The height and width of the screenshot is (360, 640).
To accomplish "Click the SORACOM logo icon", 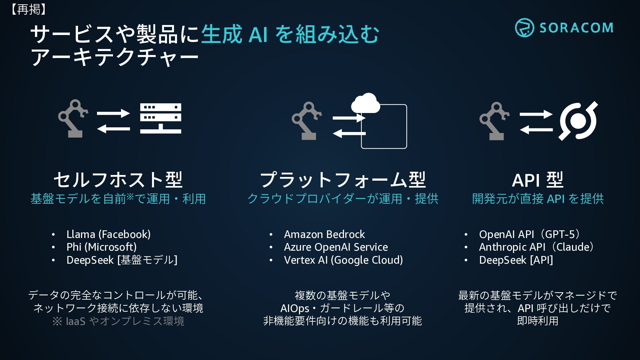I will pyautogui.click(x=524, y=28).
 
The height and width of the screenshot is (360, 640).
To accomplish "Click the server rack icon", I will pyautogui.click(x=161, y=118).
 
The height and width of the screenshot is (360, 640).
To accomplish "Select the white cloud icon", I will pyautogui.click(x=365, y=103).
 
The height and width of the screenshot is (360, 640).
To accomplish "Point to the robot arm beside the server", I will pyautogui.click(x=73, y=118).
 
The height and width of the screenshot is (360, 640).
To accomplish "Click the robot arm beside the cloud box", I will pyautogui.click(x=306, y=121).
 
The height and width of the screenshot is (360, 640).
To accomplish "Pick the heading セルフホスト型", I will pyautogui.click(x=118, y=180).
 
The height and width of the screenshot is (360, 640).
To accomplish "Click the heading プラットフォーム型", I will pyautogui.click(x=343, y=180).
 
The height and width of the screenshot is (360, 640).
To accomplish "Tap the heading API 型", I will pyautogui.click(x=537, y=180).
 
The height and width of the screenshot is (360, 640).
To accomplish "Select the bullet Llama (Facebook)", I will pyautogui.click(x=108, y=234).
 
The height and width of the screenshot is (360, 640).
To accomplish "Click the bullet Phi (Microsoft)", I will pyautogui.click(x=101, y=247).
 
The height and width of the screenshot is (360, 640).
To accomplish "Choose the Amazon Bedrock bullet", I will pyautogui.click(x=324, y=234).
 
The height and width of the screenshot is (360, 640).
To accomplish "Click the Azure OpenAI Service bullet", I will pyautogui.click(x=336, y=247).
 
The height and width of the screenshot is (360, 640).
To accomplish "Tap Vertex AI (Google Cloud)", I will pyautogui.click(x=343, y=260).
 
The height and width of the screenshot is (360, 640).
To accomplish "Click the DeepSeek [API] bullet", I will pyautogui.click(x=516, y=260).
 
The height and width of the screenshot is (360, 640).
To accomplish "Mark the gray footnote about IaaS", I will pyautogui.click(x=118, y=321).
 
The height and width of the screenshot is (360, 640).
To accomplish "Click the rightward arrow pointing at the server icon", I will pyautogui.click(x=113, y=113).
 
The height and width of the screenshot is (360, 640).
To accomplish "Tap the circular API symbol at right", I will pyautogui.click(x=578, y=121).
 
